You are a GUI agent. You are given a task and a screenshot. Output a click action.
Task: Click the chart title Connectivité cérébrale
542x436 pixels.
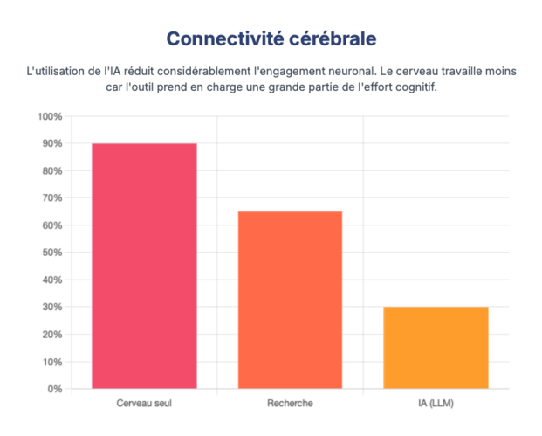tap(271, 39)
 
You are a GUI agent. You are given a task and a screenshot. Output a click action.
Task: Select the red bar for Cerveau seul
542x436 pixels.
tap(144, 266)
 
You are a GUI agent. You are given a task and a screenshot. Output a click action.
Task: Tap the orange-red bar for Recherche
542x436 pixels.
tap(290, 300)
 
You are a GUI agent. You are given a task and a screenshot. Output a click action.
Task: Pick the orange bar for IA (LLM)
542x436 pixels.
tap(436, 347)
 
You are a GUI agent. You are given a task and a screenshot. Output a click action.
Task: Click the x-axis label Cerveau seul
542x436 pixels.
tap(144, 404)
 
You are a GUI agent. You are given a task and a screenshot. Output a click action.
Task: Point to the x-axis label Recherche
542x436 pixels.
tap(290, 404)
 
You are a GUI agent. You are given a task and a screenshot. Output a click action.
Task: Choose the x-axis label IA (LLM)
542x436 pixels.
tap(436, 404)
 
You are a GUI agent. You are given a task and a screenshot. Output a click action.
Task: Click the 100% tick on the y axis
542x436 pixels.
tap(50, 116)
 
